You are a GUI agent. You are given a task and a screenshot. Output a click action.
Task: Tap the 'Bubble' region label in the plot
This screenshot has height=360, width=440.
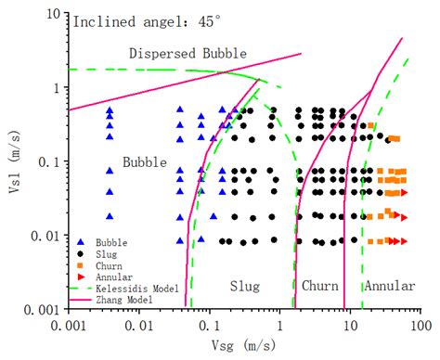[x=144, y=162]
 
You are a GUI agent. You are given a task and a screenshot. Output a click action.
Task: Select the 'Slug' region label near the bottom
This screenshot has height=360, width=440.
[x=244, y=286]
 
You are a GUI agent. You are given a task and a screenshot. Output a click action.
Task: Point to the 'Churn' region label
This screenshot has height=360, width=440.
[x=319, y=286]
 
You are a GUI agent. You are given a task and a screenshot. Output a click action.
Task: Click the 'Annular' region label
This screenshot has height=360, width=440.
[x=389, y=286]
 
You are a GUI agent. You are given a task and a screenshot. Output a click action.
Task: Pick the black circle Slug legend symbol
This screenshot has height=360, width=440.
[x=82, y=253]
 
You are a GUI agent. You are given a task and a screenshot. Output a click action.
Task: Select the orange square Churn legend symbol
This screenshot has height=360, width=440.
[x=82, y=264]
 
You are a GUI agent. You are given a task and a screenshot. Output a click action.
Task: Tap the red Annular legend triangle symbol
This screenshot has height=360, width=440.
[x=82, y=276]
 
